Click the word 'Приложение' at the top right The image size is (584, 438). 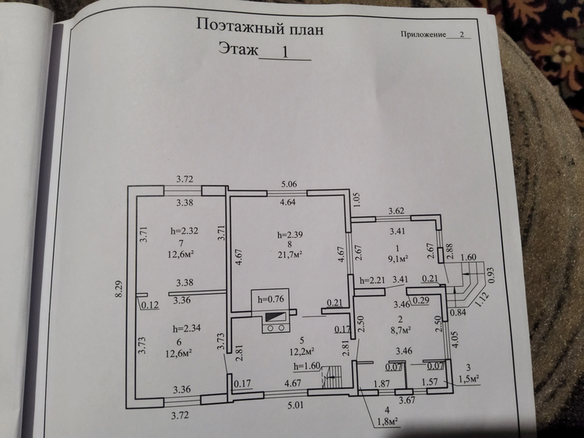click(423, 34)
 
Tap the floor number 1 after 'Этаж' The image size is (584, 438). click(285, 52)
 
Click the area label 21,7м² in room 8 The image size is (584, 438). click(290, 255)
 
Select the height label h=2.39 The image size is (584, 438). click(290, 235)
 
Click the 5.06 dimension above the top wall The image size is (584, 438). click(289, 184)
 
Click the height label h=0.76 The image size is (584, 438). click(271, 299)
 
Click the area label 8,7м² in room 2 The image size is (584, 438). click(400, 330)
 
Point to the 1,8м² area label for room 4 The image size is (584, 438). click(386, 422)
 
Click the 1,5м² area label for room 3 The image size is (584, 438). click(469, 379)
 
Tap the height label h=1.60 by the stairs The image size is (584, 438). click(307, 366)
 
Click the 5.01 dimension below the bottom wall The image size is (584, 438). click(295, 404)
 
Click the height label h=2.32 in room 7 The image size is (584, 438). click(185, 231)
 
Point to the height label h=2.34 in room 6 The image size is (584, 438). click(187, 329)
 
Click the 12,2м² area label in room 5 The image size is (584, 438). click(302, 351)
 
